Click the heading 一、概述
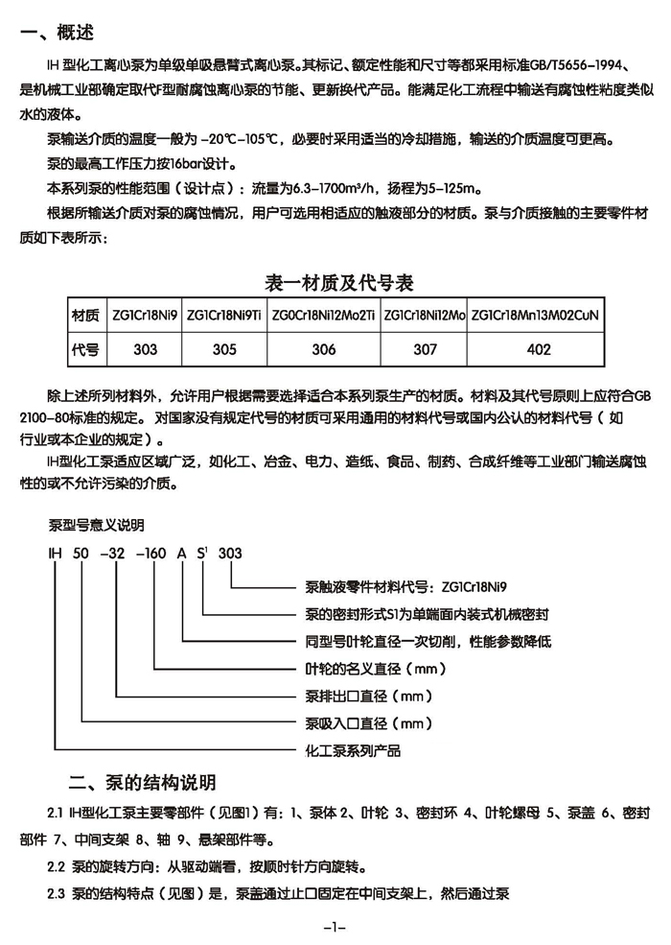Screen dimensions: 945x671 [x=58, y=34]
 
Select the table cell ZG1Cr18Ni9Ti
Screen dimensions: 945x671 [x=224, y=315]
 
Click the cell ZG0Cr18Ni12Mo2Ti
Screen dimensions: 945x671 [x=324, y=315]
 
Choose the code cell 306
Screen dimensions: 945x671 [x=324, y=350]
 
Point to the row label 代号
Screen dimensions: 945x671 [x=85, y=350]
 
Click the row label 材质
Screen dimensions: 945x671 [x=85, y=315]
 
